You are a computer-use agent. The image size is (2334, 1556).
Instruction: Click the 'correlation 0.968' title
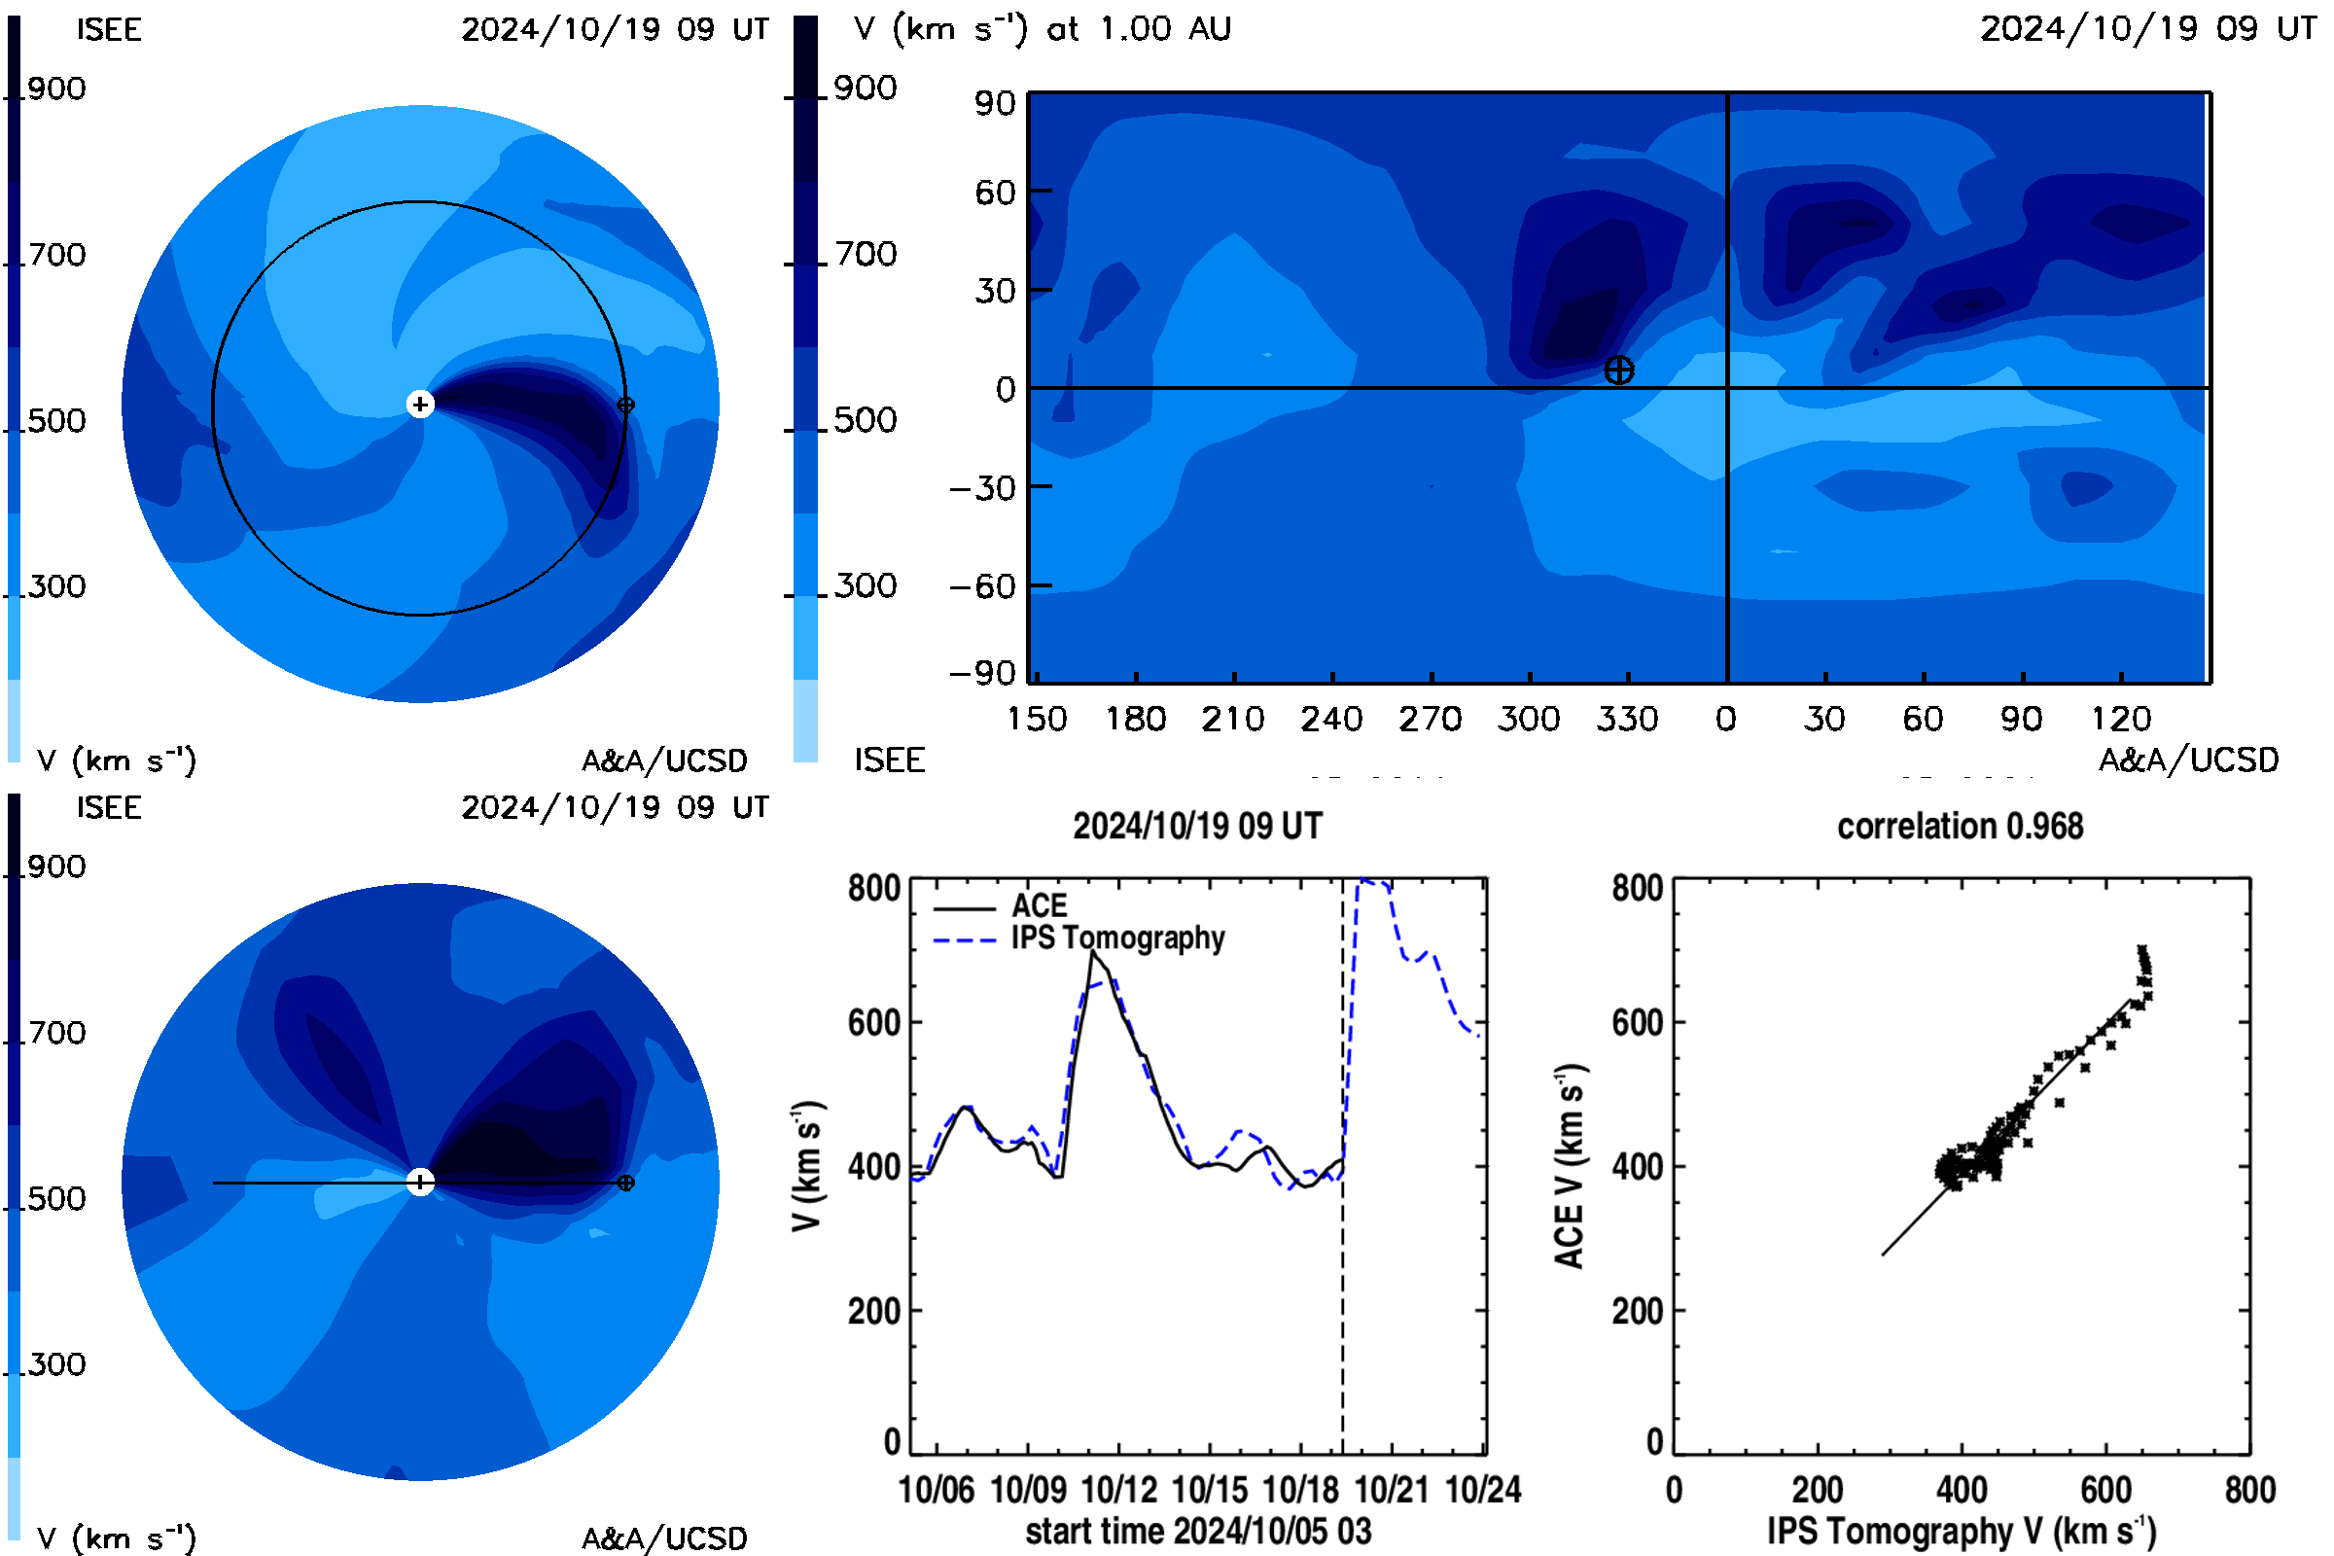coord(1959,827)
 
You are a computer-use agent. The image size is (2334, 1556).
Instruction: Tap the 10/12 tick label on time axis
coord(1118,1490)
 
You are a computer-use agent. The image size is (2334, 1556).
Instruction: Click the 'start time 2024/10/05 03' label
coord(1198,1531)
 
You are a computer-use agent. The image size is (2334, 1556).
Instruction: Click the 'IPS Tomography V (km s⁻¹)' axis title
coord(1961,1531)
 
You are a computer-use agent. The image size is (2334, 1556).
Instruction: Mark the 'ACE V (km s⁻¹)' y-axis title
coord(1570,1166)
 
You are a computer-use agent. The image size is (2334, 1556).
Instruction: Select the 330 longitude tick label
coord(1626,719)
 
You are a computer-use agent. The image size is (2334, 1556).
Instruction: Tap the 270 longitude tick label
coord(1430,719)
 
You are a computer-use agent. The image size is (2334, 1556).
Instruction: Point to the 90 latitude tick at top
coord(994,103)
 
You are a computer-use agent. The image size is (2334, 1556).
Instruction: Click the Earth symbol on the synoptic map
coord(1618,371)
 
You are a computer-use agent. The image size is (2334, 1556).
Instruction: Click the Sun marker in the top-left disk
coord(420,404)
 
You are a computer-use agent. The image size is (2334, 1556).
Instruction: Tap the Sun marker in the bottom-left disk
coord(420,1182)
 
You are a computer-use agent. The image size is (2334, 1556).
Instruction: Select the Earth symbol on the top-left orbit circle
coord(625,405)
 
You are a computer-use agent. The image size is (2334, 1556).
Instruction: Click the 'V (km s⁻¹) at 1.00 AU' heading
coord(1042,29)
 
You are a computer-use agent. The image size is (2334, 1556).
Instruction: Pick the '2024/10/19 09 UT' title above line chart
coord(1198,827)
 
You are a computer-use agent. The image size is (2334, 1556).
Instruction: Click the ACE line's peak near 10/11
coord(1092,952)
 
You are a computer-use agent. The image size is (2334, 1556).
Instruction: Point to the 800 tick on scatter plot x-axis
coord(2249,1490)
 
